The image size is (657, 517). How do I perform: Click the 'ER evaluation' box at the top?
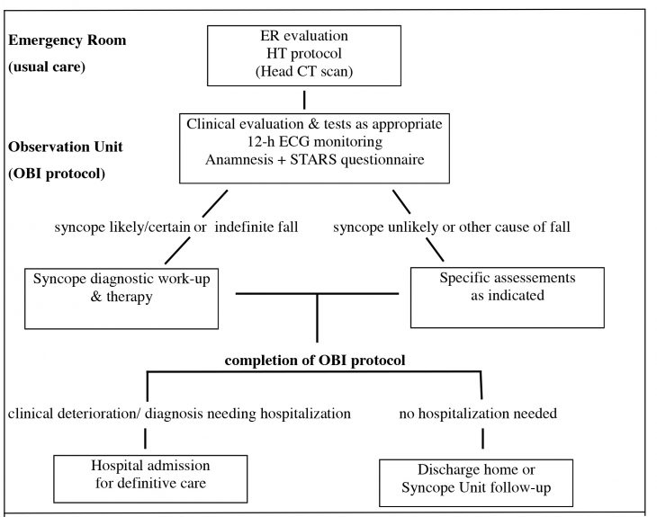[304, 54]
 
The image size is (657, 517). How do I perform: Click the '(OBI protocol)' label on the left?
[56, 173]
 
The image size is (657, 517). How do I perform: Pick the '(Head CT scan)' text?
[304, 72]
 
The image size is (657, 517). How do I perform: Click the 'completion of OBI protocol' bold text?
[316, 360]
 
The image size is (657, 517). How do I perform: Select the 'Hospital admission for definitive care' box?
[150, 476]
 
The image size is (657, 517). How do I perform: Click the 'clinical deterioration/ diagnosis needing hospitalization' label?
[179, 414]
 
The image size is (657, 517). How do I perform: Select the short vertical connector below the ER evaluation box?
[304, 98]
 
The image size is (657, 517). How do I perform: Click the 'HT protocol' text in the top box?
[304, 54]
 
